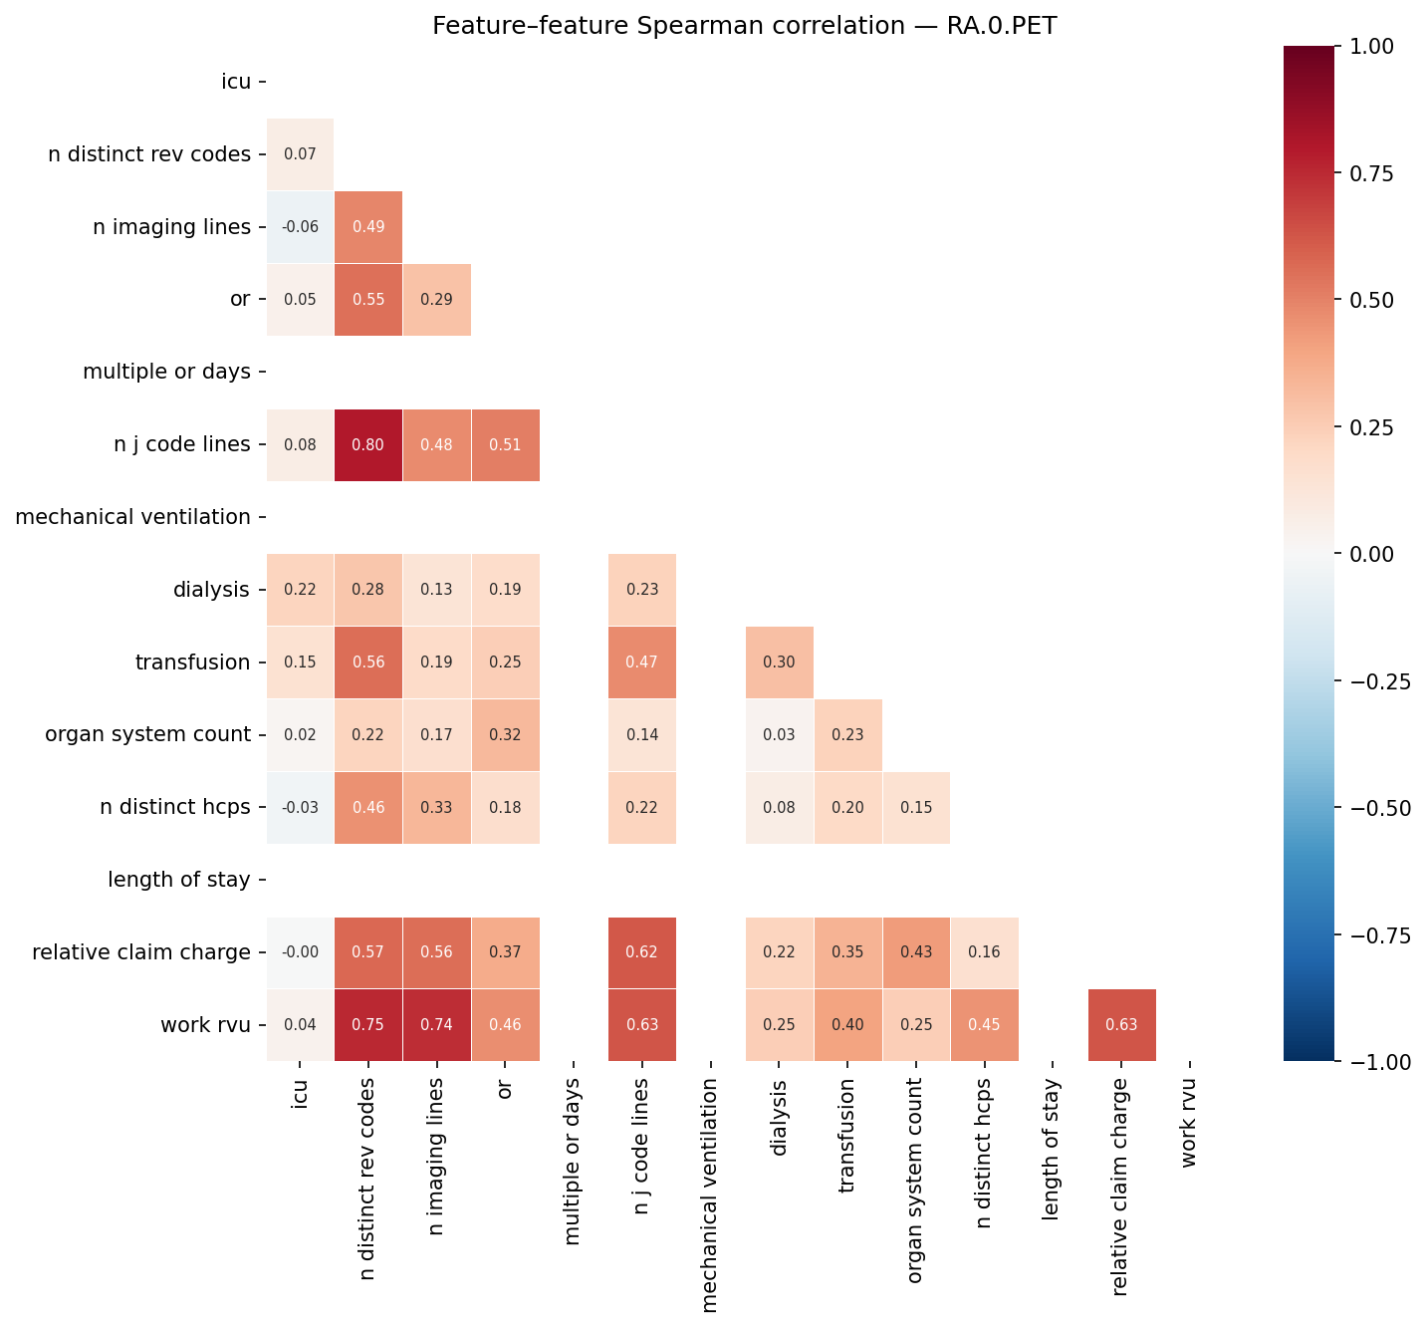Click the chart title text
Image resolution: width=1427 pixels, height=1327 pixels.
744,26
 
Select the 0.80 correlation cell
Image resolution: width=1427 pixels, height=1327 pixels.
368,445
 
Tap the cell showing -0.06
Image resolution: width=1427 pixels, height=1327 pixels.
300,227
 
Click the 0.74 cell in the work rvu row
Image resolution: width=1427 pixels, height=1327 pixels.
437,1025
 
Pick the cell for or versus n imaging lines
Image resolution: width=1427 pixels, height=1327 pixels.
437,300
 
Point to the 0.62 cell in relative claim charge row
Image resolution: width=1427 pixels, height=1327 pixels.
642,952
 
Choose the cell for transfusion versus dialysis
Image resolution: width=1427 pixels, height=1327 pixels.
779,663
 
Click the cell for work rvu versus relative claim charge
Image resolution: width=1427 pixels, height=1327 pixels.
1121,1025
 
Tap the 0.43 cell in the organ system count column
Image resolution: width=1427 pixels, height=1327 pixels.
916,952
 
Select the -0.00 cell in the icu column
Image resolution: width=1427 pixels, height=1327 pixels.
300,952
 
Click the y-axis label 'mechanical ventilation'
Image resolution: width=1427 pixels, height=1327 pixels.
133,517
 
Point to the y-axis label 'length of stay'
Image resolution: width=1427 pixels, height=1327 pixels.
179,880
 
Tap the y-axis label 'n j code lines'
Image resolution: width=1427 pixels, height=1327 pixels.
182,445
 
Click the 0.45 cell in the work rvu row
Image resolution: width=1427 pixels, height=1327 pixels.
984,1025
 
